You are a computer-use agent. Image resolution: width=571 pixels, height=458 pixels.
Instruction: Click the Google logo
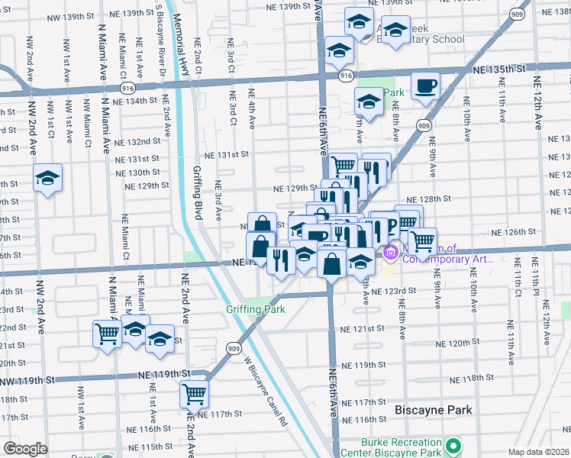[x=25, y=449]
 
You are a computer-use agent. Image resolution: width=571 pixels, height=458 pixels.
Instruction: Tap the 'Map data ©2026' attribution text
[x=538, y=452]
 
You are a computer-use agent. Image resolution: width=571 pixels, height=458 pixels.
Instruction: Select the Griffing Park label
[x=255, y=309]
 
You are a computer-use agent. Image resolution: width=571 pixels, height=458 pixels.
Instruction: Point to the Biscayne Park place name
[x=433, y=410]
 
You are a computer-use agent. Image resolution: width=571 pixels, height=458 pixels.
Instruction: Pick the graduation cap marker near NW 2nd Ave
[x=47, y=179]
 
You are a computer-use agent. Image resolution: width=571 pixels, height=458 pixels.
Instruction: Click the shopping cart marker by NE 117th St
[x=195, y=394]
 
